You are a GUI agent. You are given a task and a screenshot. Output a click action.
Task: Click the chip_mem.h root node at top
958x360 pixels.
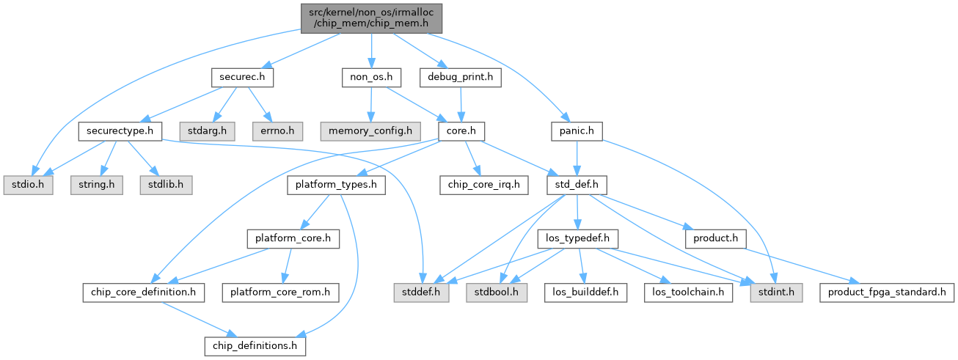[x=370, y=16]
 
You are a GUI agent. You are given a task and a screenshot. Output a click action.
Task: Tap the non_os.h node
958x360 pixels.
[x=370, y=77]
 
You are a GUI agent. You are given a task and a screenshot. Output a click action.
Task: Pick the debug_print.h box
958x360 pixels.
[x=461, y=77]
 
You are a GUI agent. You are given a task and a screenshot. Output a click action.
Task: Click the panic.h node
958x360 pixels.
[x=577, y=131]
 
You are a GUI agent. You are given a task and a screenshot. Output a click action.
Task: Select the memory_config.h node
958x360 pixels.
[x=370, y=131]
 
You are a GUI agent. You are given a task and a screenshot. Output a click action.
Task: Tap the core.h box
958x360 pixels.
[x=461, y=131]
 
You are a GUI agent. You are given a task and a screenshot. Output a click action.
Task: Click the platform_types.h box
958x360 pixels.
[x=336, y=185]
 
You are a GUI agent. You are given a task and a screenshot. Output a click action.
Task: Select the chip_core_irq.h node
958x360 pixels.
[x=483, y=185]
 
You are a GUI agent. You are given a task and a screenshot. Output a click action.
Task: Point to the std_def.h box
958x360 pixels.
[x=577, y=185]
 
